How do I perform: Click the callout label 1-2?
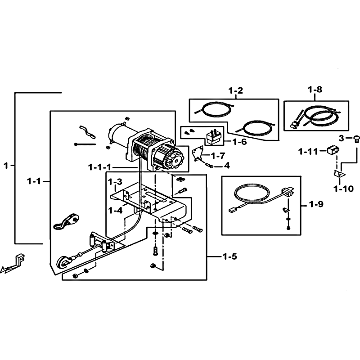[236, 90]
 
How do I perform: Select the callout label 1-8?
[315, 89]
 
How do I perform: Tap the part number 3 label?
[342, 138]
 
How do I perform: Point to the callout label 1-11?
[308, 152]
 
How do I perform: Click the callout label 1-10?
[344, 189]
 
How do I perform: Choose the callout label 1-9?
[316, 204]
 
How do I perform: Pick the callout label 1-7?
[218, 156]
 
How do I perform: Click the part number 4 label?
[227, 165]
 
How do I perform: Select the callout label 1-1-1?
[99, 167]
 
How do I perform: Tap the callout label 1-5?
[230, 256]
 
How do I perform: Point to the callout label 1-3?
[115, 182]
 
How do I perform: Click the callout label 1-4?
[115, 210]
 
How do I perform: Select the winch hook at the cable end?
[62, 262]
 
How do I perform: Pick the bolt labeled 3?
[355, 138]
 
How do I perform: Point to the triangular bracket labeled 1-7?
[198, 153]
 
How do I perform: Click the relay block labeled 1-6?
[213, 138]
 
